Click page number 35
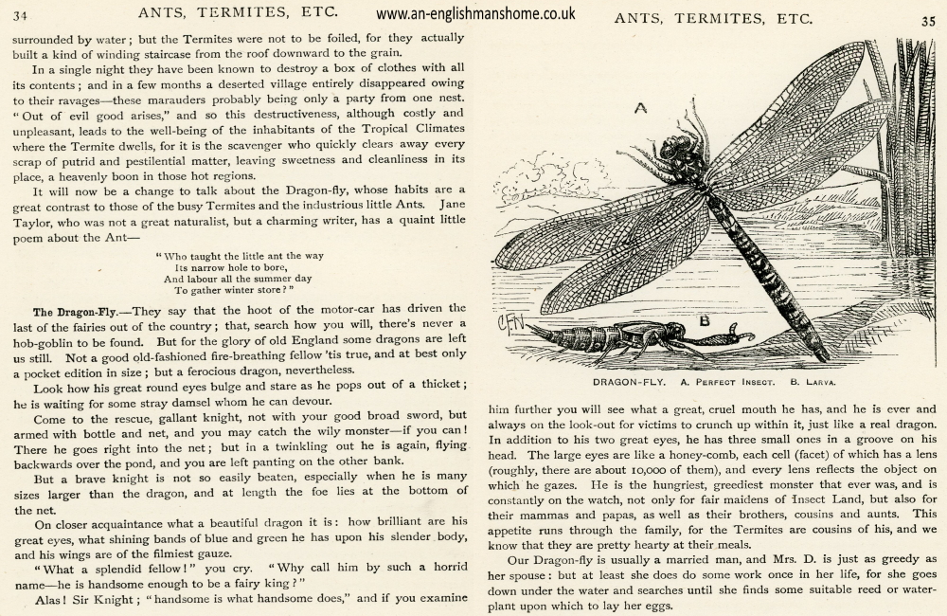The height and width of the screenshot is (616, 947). point(927,19)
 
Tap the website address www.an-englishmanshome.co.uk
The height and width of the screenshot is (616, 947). point(474,14)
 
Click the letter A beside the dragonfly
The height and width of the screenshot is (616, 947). point(641,108)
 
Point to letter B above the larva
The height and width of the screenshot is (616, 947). point(704,319)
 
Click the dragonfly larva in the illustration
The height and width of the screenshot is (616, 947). point(625,339)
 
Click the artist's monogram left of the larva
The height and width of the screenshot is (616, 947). point(509,325)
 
